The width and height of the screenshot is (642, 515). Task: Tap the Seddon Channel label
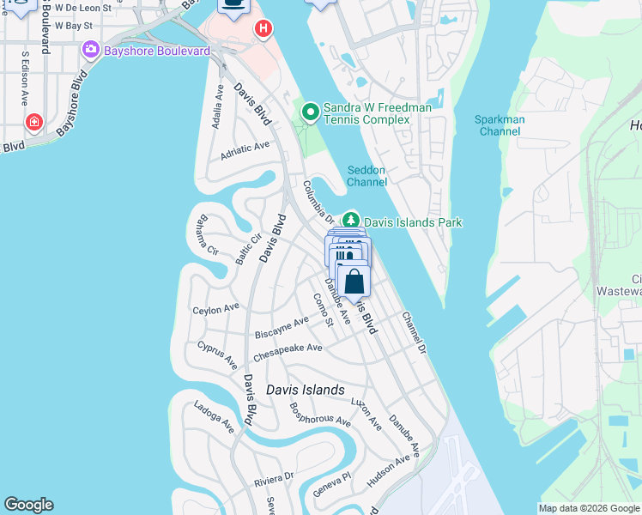(366, 176)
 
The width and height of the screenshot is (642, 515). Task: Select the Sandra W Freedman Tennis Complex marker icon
(310, 112)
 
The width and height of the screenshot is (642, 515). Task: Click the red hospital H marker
(263, 29)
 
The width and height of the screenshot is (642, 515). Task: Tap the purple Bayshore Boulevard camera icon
(90, 51)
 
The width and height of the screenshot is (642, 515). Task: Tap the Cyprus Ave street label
(216, 355)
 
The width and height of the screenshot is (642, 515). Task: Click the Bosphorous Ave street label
(320, 415)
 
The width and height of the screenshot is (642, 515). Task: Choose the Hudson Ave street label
(388, 471)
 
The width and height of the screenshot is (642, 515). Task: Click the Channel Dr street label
(414, 333)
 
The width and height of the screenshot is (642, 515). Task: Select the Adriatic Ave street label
(245, 151)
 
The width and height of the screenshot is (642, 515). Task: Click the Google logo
(28, 505)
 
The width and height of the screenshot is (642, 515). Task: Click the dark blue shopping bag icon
(354, 282)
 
